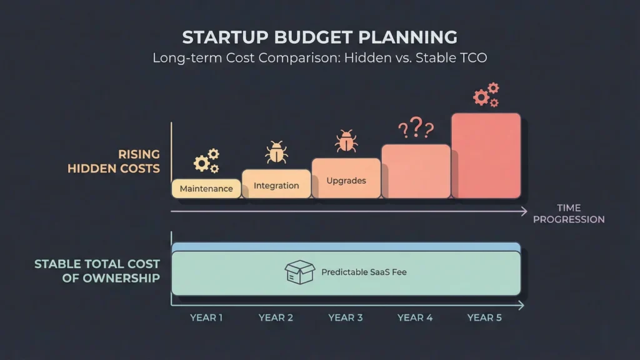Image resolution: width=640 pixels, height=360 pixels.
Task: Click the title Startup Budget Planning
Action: point(319,37)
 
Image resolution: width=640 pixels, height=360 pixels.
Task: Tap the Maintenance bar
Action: point(206,189)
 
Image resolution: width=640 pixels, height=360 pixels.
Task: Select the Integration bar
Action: point(276,184)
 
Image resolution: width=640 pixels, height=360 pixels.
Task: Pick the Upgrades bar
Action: point(346,179)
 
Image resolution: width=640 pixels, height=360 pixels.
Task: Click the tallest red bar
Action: point(486,156)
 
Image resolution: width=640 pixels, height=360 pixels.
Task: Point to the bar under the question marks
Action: point(416,172)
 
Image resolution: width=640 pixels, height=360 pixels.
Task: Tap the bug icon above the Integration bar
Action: point(276,152)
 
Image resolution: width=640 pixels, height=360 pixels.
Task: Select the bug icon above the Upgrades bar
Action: point(346,141)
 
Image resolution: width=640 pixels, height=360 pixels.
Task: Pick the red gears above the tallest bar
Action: point(486,95)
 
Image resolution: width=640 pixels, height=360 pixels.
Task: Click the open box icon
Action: point(300,272)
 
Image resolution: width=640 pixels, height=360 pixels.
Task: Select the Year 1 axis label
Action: point(206,317)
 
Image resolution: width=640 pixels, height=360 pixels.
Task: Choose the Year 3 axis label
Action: point(346,317)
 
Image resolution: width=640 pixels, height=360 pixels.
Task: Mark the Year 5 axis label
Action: point(484,317)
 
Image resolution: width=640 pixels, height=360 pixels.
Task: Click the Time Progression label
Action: point(569,214)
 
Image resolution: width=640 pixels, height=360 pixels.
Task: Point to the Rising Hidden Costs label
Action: point(114,161)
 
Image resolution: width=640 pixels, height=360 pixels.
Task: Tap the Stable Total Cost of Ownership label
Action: point(97,271)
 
